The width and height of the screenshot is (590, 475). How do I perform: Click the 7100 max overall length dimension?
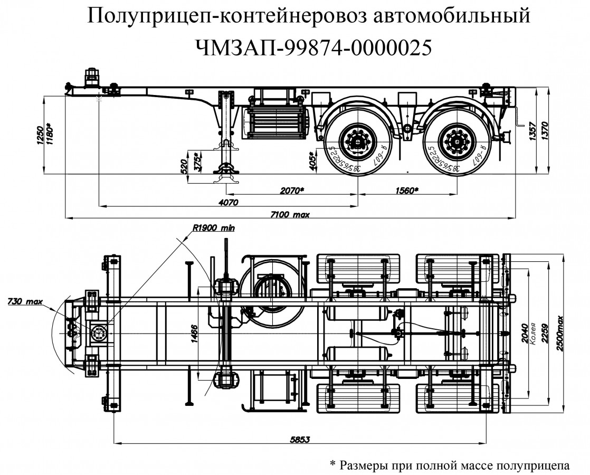[290, 214]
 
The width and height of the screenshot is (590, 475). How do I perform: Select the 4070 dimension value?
[228, 202]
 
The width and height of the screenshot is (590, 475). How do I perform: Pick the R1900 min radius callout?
[213, 229]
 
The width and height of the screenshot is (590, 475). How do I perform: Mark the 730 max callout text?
[25, 302]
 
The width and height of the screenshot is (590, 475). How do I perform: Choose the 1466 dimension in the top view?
[194, 334]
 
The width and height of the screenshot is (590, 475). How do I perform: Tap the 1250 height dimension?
[40, 135]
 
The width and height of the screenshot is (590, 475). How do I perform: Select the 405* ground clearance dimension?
[312, 159]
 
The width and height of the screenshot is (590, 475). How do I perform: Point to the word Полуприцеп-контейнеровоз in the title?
[221, 16]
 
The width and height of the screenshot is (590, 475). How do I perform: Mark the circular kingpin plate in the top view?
[98, 334]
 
